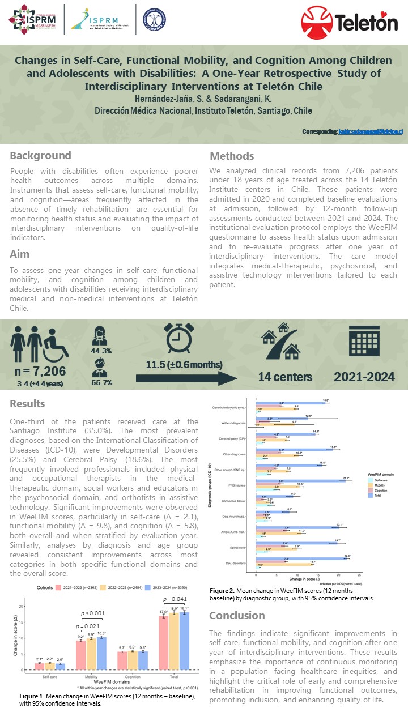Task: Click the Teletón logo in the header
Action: (349, 22)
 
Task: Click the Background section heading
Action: (40, 155)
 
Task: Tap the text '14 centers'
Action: (285, 377)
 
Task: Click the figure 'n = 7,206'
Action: (40, 371)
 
